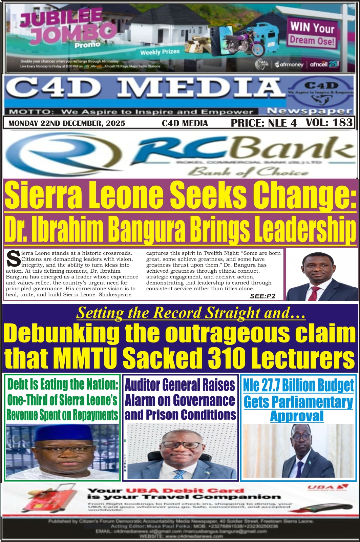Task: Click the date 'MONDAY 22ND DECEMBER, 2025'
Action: (67, 123)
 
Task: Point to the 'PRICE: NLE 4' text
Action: (263, 123)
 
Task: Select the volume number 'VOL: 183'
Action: (329, 123)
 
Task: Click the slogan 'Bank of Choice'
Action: (247, 172)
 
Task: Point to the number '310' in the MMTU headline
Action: (228, 358)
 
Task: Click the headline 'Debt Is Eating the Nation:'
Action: (63, 384)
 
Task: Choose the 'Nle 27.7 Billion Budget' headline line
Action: (298, 386)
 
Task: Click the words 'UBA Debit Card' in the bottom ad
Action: (185, 491)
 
